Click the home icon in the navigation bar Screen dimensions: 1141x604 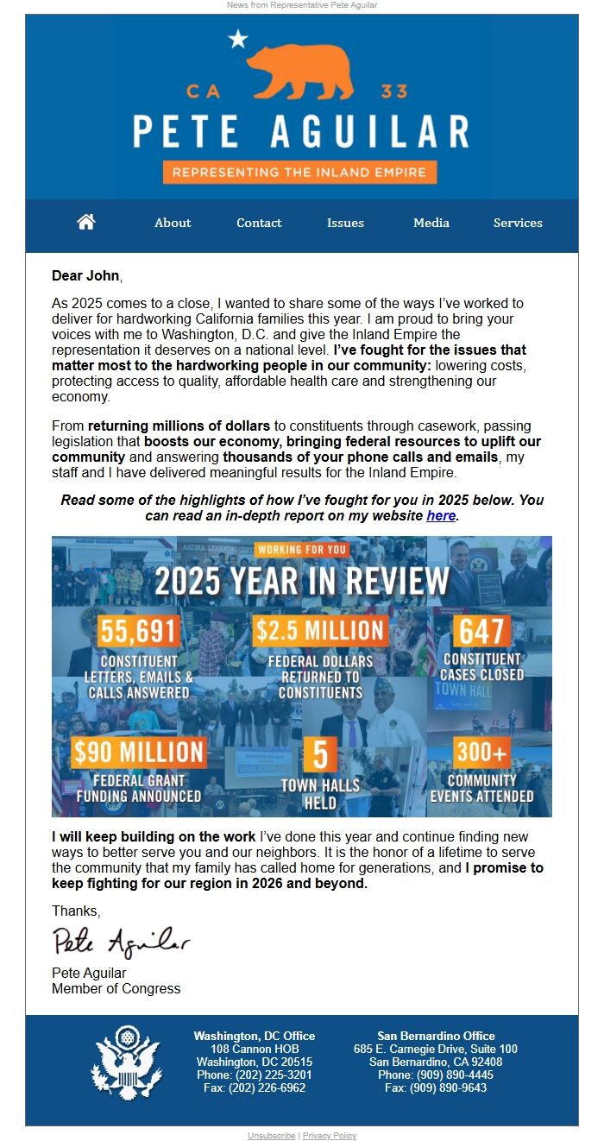click(86, 222)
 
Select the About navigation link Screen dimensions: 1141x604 click(173, 223)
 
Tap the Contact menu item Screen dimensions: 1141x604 click(259, 223)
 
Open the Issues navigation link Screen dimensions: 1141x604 click(345, 223)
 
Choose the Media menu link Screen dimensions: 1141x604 click(431, 223)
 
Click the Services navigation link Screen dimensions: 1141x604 click(518, 223)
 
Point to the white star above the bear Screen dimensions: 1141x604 click(238, 39)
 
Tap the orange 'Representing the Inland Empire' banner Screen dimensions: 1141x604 click(299, 172)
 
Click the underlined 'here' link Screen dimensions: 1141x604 click(441, 516)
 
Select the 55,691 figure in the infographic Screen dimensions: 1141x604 click(139, 632)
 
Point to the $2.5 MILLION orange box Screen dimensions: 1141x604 click(319, 632)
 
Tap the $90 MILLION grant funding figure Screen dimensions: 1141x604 click(139, 752)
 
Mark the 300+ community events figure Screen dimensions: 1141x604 click(481, 752)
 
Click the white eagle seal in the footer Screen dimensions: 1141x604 click(126, 1062)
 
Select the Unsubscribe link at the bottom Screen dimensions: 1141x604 click(271, 1136)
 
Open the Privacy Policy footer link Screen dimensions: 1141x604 click(330, 1136)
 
